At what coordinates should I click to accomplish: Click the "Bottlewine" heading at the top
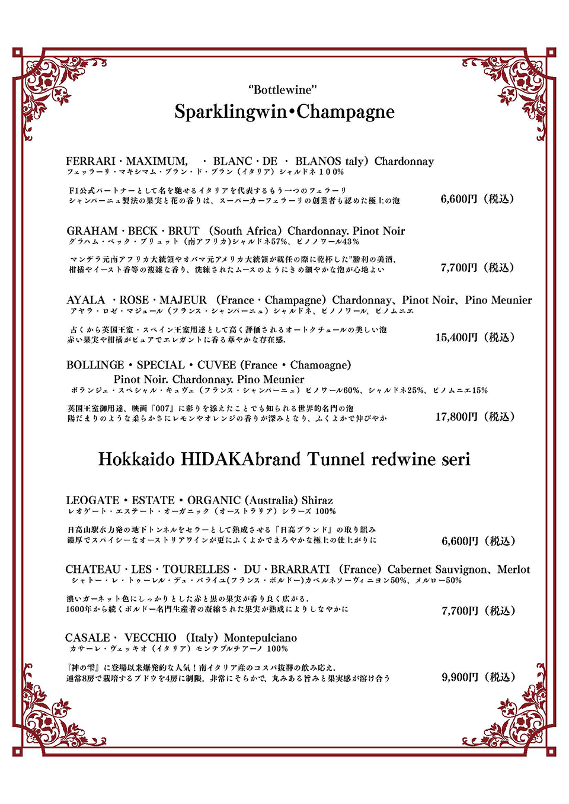283,90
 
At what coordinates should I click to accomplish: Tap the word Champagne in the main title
346,111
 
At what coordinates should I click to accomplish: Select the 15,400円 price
475,337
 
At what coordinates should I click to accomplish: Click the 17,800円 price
475,417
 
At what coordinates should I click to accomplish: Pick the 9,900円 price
478,677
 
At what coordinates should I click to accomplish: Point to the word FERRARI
91,161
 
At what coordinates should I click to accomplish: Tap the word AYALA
85,300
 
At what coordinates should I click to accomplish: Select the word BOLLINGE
95,365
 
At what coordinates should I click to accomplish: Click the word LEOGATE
92,501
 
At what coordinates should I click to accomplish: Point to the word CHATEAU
92,569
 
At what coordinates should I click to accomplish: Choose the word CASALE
88,638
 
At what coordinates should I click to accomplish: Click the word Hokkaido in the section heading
136,459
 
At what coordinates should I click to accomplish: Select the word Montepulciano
260,638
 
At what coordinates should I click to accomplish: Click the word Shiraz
317,501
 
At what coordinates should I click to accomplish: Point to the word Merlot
513,569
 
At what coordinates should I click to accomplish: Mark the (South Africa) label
245,231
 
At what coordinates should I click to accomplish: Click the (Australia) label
271,501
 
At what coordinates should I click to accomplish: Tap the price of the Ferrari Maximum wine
477,198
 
